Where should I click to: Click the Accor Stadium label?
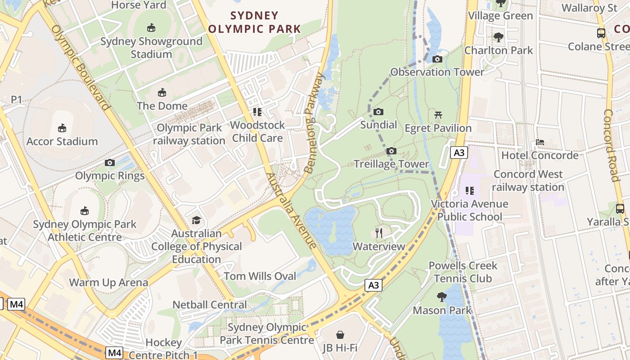pyautogui.click(x=62, y=141)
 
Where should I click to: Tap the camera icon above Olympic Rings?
pyautogui.click(x=110, y=162)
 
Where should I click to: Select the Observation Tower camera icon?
pyautogui.click(x=437, y=59)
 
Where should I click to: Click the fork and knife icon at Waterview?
pyautogui.click(x=379, y=233)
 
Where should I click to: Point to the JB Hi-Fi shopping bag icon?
pyautogui.click(x=340, y=335)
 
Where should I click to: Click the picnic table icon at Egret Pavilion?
pyautogui.click(x=438, y=115)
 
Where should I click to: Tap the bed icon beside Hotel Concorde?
pyautogui.click(x=540, y=142)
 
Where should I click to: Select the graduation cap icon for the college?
pyautogui.click(x=196, y=220)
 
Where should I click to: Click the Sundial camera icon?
pyautogui.click(x=378, y=112)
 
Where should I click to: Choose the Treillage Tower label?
pyautogui.click(x=391, y=164)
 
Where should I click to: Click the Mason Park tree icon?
pyautogui.click(x=442, y=297)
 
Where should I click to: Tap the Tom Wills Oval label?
pyautogui.click(x=260, y=276)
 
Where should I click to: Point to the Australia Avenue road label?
pyautogui.click(x=292, y=211)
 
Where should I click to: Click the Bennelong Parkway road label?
pyautogui.click(x=314, y=123)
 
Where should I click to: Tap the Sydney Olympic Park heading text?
pyautogui.click(x=254, y=22)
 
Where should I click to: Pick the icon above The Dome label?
pyautogui.click(x=162, y=93)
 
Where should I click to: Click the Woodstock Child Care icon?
pyautogui.click(x=257, y=112)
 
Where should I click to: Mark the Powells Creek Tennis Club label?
pyautogui.click(x=463, y=272)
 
